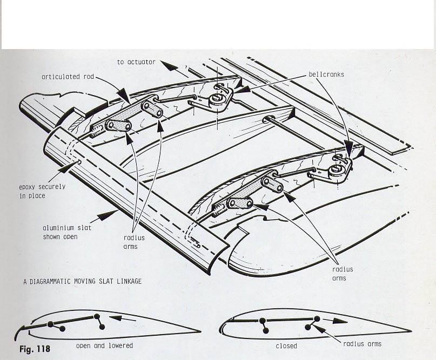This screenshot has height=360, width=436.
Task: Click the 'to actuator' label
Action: [x=136, y=62]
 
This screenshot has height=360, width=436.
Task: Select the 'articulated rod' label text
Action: [x=68, y=77]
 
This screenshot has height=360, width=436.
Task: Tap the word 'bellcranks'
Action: [x=326, y=74]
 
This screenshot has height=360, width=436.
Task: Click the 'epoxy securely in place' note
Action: [x=42, y=191]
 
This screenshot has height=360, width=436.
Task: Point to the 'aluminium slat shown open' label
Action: [x=67, y=232]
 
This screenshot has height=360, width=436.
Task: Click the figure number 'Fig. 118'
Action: [x=35, y=349]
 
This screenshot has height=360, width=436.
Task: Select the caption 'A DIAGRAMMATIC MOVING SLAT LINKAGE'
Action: [x=82, y=281]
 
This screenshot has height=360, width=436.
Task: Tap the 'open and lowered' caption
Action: [x=104, y=345]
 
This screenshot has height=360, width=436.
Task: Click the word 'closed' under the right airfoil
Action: [x=286, y=345]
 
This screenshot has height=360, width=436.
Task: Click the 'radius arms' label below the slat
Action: [x=130, y=242]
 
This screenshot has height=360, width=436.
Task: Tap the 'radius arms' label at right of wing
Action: [x=343, y=274]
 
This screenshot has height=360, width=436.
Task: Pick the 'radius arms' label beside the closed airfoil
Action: [x=362, y=344]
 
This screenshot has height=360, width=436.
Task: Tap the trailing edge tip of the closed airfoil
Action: [x=411, y=331]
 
